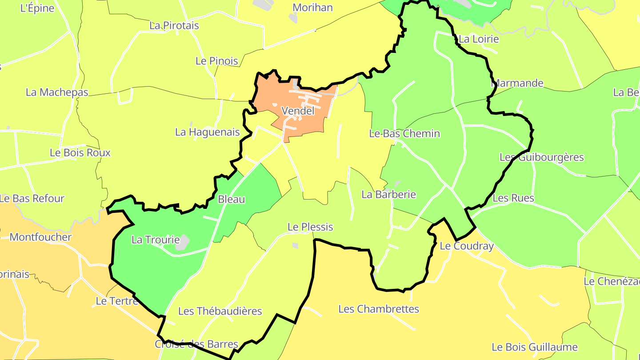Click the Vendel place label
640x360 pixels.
(298, 111)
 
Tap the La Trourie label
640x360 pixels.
(156, 240)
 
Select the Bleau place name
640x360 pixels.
(232, 199)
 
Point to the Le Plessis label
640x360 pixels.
(310, 227)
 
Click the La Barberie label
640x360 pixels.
(389, 194)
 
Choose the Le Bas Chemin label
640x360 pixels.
(404, 133)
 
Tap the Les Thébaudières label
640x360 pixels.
(220, 311)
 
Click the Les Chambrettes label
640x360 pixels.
(379, 309)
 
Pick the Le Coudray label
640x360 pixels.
(467, 246)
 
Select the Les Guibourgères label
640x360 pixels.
(541, 157)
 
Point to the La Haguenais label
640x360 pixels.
(208, 132)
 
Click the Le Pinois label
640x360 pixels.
(217, 61)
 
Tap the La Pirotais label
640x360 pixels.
(174, 25)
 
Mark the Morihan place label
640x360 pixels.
(312, 8)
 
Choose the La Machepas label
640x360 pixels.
(57, 92)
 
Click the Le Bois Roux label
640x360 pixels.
(80, 152)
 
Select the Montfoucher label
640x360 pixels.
(40, 237)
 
